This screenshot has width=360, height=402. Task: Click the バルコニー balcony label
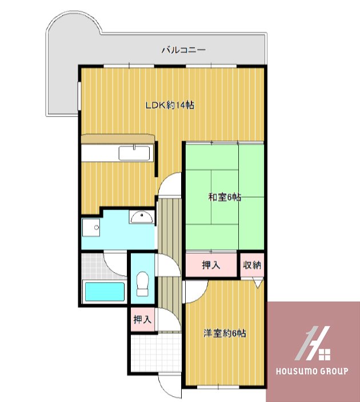tap(183, 50)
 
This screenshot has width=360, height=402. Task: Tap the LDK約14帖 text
tap(170, 105)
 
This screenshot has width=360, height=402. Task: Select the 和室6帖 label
tap(225, 197)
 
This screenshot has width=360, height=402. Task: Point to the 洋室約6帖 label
tap(225, 333)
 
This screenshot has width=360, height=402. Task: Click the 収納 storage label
tap(252, 265)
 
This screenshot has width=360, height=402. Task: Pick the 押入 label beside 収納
tap(211, 265)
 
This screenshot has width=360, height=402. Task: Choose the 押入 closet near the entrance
tap(142, 320)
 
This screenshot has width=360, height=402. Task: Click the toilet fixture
tap(142, 284)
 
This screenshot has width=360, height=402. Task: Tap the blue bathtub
tap(105, 292)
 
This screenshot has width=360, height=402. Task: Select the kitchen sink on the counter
tap(134, 153)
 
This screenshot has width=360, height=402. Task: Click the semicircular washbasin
tap(142, 217)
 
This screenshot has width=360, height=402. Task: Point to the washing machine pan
tap(91, 228)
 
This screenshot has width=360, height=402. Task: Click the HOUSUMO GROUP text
tap(312, 371)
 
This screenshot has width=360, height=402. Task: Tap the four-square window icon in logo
tap(325, 355)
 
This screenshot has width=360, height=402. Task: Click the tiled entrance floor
tap(156, 353)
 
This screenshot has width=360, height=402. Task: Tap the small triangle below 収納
tap(259, 283)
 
